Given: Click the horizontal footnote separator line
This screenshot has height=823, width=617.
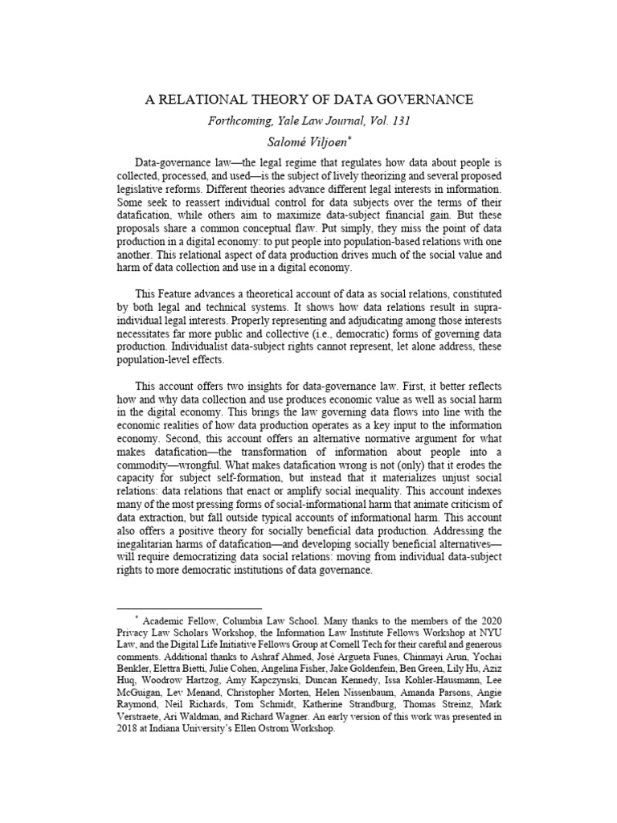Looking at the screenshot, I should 190,608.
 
